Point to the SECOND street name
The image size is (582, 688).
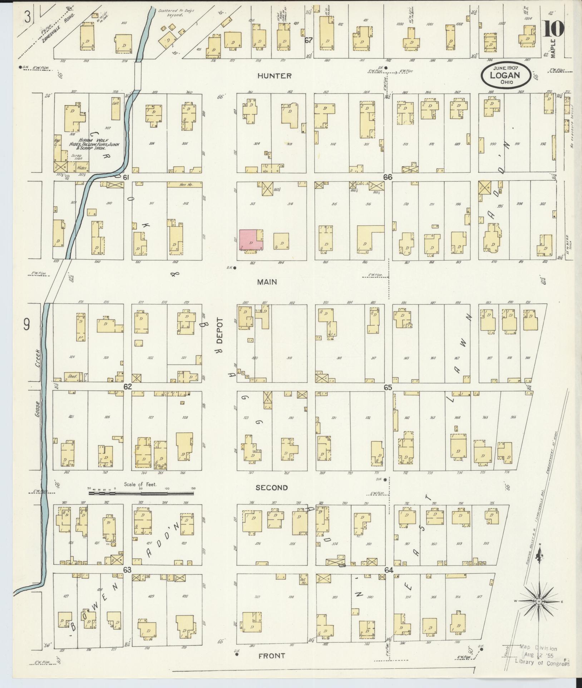pos(272,488)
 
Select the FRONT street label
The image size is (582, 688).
pos(272,656)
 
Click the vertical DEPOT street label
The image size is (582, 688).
pos(220,331)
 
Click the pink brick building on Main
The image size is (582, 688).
pos(250,240)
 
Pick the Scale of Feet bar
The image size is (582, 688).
pos(141,493)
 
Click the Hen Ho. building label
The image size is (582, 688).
pos(185,185)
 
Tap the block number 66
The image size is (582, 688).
pos(388,177)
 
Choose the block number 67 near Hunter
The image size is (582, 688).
pos(309,40)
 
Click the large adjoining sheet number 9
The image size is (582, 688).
pos(26,325)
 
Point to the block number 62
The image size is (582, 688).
pos(128,387)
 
